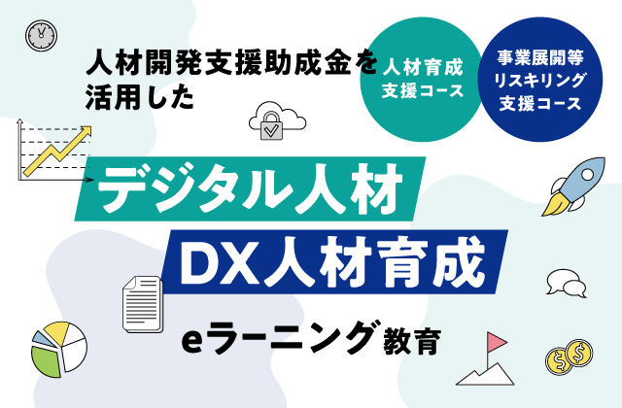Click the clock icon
coord(41,35)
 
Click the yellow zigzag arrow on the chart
coord(58,152)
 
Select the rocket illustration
coord(574,186)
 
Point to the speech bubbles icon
coord(566,284)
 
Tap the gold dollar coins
coord(569,357)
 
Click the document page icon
coord(143,304)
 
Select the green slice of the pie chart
coord(46,361)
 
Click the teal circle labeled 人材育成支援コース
coord(421,80)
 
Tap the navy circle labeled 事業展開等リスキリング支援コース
coord(540,80)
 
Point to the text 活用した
coord(140,97)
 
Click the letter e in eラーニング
coord(191,342)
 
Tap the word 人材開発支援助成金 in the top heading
coord(218,63)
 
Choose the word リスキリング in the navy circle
coord(539,81)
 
